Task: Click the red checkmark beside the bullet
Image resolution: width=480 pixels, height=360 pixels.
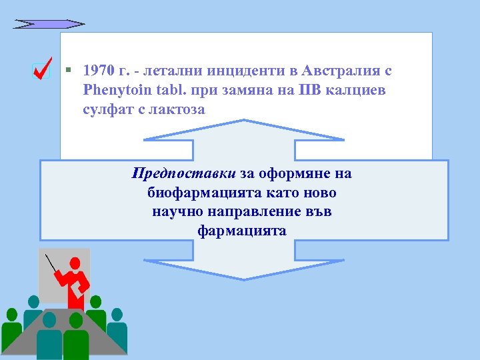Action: [x=42, y=69]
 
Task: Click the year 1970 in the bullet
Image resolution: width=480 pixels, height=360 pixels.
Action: [x=99, y=70]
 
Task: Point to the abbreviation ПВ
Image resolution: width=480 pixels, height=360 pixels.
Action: [x=305, y=89]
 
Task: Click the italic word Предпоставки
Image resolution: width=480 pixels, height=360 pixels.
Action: [x=184, y=174]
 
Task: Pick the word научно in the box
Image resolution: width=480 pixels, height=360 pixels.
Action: [x=176, y=212]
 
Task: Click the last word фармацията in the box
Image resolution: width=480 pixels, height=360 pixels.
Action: [x=242, y=231]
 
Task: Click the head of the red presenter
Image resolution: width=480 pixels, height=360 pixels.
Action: [x=75, y=263]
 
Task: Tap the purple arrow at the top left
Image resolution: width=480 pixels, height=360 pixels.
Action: [x=49, y=24]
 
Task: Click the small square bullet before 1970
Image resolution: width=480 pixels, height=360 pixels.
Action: [x=69, y=69]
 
